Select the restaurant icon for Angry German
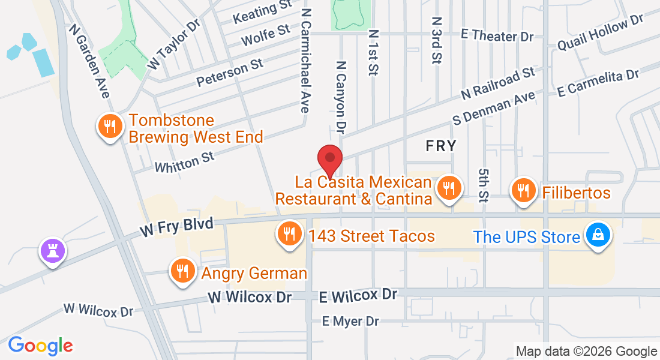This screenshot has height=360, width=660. pyautogui.click(x=181, y=271)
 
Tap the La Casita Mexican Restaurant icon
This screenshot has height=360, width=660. pyautogui.click(x=448, y=188)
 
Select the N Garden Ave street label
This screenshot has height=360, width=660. pyautogui.click(x=90, y=61)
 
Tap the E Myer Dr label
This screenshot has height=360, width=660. pyautogui.click(x=351, y=322)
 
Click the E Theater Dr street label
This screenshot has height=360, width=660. pyautogui.click(x=497, y=36)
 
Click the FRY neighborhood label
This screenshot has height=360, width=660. pyautogui.click(x=441, y=145)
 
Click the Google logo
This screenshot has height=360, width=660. pyautogui.click(x=41, y=346)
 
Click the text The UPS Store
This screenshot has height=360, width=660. pyautogui.click(x=527, y=236)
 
